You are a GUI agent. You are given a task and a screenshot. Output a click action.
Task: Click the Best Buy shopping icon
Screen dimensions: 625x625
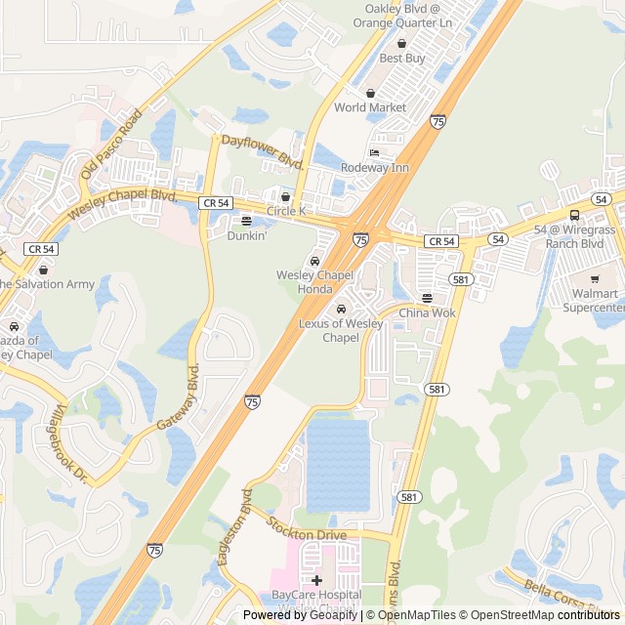pos(401,43)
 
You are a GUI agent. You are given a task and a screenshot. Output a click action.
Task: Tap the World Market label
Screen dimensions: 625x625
pos(369,106)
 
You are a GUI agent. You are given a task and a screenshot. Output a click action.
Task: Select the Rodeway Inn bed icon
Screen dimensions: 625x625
pos(374,153)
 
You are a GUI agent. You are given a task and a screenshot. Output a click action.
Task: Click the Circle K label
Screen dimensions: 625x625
pos(286,210)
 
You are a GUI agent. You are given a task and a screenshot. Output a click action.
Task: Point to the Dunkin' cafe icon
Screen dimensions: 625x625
pos(246,221)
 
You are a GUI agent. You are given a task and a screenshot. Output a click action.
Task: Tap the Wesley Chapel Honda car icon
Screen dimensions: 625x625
pos(314,261)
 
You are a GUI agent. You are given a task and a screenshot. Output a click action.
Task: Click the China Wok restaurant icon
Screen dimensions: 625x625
pos(427,298)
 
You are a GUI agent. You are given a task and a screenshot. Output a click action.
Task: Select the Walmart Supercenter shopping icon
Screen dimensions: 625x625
pos(594,279)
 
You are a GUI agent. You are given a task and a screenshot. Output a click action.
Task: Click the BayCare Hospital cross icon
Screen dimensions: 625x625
pos(316,580)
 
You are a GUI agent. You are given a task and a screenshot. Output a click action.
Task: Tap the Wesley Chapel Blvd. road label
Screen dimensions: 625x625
pos(122,201)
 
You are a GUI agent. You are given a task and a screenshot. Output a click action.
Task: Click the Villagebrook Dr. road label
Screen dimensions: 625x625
pos(72,444)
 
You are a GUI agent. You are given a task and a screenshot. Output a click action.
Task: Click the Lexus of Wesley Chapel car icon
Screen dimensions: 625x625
pos(341,310)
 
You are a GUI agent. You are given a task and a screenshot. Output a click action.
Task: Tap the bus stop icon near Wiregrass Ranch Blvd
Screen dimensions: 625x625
pos(574,215)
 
